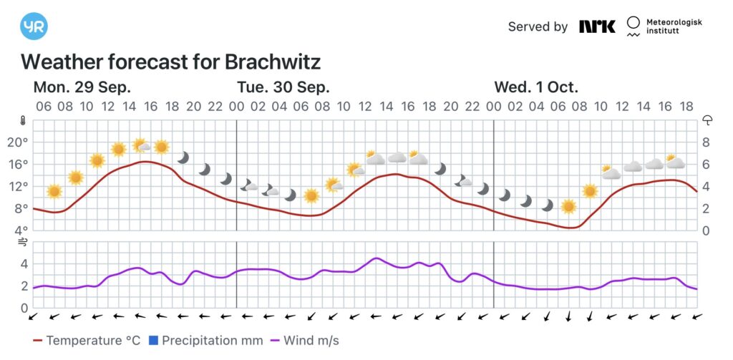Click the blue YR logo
click(33, 26)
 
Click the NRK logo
click(597, 26)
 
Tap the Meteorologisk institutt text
click(674, 27)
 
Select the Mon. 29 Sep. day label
click(82, 87)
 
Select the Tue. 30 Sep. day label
click(283, 87)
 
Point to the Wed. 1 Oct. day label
click(536, 87)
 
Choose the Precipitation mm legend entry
click(205, 341)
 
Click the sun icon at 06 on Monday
click(54, 191)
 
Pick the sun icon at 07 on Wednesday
click(568, 207)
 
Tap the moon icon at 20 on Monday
click(183, 157)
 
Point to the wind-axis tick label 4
click(24, 263)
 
